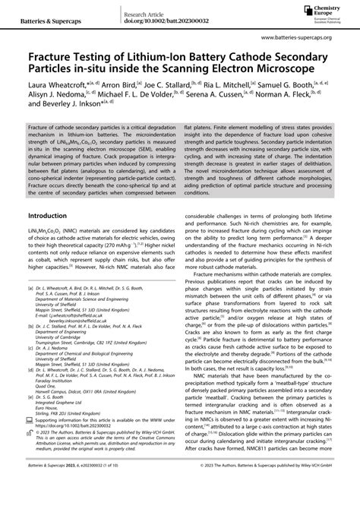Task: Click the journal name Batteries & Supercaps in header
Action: tap(37, 13)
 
